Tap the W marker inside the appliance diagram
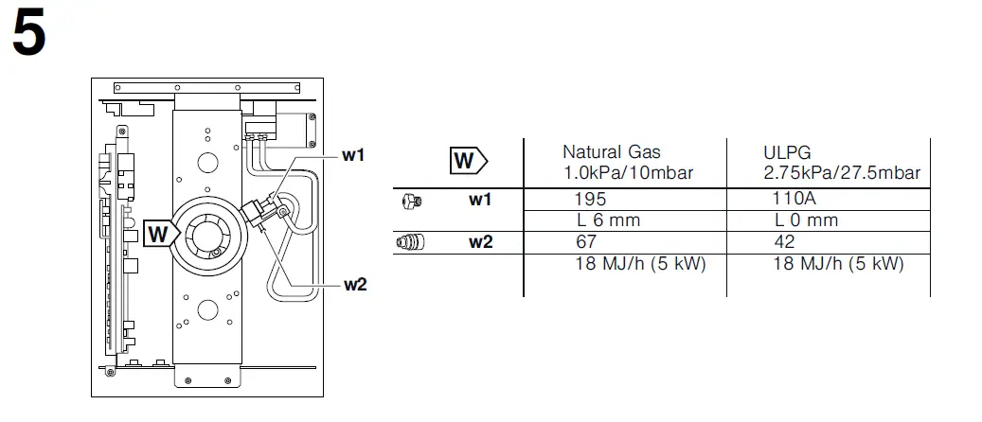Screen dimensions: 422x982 coord(160,233)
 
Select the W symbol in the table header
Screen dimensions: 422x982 coord(465,162)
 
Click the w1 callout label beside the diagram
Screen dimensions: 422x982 coord(352,155)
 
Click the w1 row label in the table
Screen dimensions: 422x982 coord(481,200)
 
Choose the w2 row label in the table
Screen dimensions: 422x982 coord(481,242)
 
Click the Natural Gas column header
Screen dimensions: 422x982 coord(611,151)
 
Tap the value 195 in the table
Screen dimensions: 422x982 coord(591,200)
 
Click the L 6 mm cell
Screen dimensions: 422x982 coord(608,220)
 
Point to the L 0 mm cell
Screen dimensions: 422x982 coord(806,220)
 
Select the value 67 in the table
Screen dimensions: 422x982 coord(586,242)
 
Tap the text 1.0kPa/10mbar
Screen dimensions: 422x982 coord(628,172)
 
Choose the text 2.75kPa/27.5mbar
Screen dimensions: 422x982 coord(842,172)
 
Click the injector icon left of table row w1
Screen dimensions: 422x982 coord(410,200)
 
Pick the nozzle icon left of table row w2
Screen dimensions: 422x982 coord(410,242)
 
